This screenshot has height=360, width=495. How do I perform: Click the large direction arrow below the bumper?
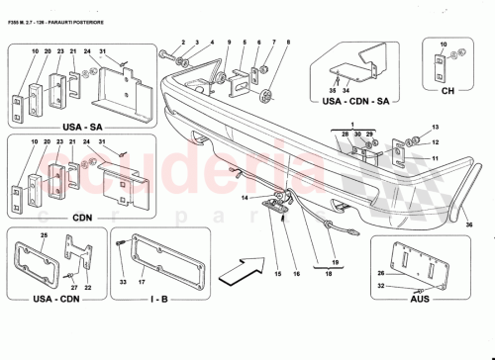click(x=241, y=268)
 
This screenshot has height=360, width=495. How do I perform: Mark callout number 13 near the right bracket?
click(x=435, y=130)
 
